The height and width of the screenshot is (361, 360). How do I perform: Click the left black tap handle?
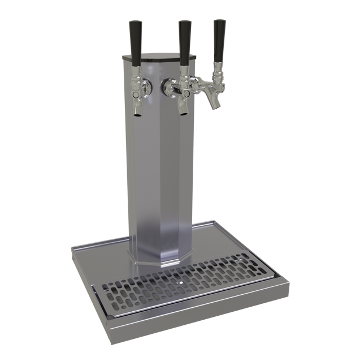(x=136, y=38)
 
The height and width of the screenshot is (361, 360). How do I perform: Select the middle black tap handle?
(x=184, y=38)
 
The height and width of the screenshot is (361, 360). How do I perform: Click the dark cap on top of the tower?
(x=161, y=56)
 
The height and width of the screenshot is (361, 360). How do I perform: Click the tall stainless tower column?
(x=158, y=170)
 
